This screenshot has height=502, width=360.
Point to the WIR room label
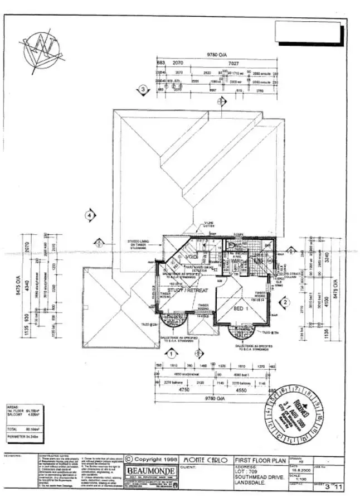pos(236,261)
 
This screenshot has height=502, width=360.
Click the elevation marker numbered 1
pos(172,353)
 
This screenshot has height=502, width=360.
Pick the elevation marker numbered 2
pos(285,302)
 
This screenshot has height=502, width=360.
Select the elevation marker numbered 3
pos(143,89)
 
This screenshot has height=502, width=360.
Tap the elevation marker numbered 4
pos(89,214)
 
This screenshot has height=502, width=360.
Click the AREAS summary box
pos(21,418)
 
